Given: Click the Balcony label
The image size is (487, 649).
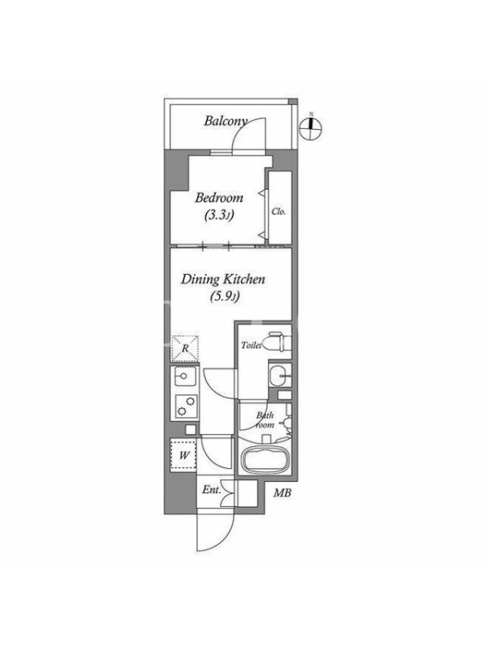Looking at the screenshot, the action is click(x=226, y=121).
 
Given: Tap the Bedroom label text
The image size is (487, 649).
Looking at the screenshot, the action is click(x=219, y=198).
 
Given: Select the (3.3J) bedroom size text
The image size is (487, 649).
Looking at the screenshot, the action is click(x=219, y=215).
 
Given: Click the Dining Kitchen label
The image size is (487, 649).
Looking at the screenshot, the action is click(x=222, y=279).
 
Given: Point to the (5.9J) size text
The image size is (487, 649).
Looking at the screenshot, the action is click(x=225, y=296).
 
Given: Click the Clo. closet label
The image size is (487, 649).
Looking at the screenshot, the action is click(x=278, y=212).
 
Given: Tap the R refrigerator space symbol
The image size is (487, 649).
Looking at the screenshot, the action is click(x=185, y=349).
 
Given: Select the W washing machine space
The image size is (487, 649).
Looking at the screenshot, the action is click(x=184, y=456).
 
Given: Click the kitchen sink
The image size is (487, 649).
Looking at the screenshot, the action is click(x=185, y=376).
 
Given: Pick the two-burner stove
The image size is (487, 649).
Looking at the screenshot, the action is click(x=186, y=406).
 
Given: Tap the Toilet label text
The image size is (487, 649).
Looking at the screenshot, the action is click(x=252, y=345).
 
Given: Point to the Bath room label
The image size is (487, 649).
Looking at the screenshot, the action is click(x=265, y=420).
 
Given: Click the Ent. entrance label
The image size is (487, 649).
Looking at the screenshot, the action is click(x=211, y=490).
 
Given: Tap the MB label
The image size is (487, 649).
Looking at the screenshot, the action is click(x=282, y=493).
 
